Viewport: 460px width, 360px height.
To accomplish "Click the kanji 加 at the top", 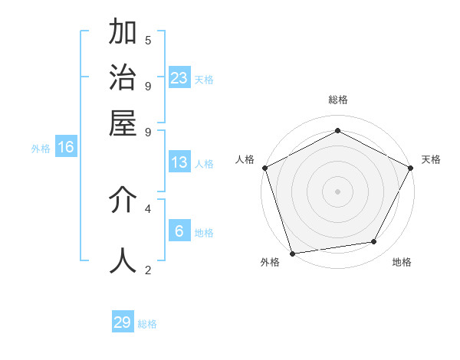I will click(123, 33).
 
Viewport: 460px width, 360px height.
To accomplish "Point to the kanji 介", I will click(123, 200).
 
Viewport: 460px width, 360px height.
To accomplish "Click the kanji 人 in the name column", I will click(123, 260).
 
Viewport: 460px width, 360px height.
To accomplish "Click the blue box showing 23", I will click(179, 77).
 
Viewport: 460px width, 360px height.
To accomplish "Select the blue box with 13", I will click(179, 162).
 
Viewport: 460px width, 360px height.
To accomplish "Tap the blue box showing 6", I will click(179, 231).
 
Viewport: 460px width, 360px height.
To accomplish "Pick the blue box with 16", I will click(66, 147).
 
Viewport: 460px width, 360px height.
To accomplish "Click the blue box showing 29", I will click(123, 322).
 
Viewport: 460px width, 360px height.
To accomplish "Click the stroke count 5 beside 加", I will click(148, 40).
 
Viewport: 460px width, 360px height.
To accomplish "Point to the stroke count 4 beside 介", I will click(148, 208).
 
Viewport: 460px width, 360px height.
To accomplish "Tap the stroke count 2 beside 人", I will click(148, 269).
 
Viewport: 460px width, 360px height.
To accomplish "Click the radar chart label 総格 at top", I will click(338, 100).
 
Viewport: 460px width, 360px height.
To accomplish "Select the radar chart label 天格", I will click(431, 159).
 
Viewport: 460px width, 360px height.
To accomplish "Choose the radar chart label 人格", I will click(245, 159).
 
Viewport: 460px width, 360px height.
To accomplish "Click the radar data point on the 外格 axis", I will click(292, 253).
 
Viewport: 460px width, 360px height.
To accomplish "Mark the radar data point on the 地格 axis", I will click(374, 242).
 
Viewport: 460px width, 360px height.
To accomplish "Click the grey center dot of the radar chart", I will click(338, 191).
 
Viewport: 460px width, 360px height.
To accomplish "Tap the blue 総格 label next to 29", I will click(147, 324).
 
